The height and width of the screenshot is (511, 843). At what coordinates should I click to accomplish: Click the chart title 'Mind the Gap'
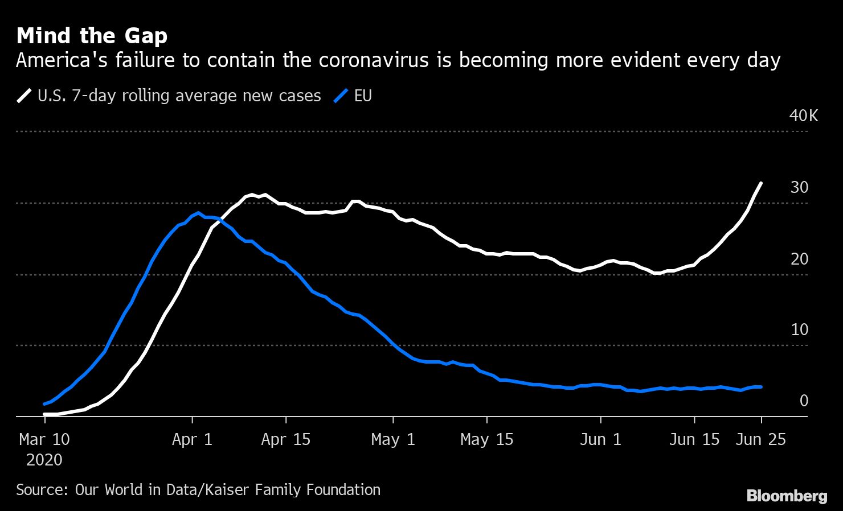(x=92, y=36)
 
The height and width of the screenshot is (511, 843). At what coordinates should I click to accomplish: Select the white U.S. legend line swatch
(x=24, y=96)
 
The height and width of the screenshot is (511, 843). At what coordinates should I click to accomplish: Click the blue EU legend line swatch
(x=340, y=96)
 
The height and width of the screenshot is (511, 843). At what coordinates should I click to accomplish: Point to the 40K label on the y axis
(x=803, y=116)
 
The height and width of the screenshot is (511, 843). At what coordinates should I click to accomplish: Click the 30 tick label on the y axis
(x=799, y=187)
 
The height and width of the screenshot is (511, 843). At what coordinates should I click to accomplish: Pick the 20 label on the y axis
(x=799, y=259)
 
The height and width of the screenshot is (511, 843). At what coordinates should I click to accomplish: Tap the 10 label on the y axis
(x=799, y=329)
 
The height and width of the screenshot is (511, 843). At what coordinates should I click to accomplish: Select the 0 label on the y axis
(x=804, y=401)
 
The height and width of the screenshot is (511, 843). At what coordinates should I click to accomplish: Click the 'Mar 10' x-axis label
(x=44, y=439)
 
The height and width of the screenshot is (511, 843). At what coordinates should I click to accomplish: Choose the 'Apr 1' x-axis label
(x=193, y=439)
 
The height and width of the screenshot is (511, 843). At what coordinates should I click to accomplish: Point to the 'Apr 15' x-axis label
(x=286, y=439)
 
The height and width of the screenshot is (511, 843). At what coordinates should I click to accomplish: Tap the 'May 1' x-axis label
(x=393, y=439)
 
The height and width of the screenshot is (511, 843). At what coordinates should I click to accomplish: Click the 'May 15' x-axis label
(x=487, y=439)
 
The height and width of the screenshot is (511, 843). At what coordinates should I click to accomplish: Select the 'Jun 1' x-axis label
(x=601, y=439)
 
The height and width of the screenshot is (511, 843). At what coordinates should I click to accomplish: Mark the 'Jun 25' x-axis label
(x=761, y=439)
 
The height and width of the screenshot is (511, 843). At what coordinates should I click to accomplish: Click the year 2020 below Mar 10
(x=44, y=459)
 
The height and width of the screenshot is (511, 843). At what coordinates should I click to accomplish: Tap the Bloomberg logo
(x=787, y=496)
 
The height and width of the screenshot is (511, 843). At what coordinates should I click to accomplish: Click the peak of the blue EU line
(x=198, y=213)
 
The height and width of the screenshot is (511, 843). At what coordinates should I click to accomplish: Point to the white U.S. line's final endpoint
(x=762, y=183)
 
